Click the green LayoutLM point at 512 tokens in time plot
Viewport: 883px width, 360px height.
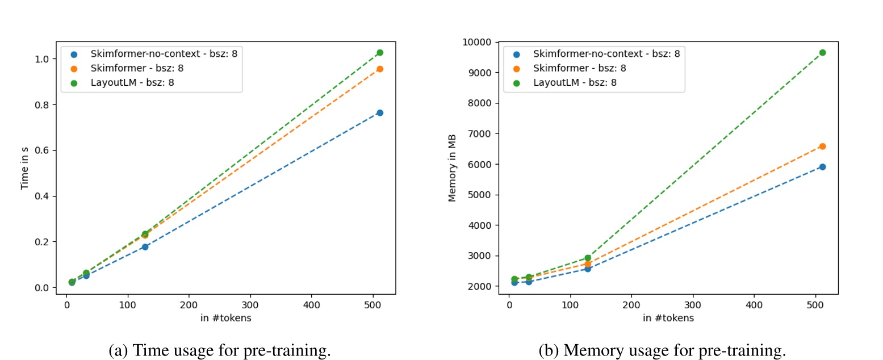[380, 52]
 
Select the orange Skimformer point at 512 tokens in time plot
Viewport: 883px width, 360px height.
[380, 69]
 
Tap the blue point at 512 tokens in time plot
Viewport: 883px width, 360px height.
[380, 112]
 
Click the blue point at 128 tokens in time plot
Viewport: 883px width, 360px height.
[145, 246]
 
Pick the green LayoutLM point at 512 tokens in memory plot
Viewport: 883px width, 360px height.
[822, 52]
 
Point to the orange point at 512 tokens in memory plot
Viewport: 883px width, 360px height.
[822, 146]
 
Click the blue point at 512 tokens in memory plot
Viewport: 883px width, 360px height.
[822, 166]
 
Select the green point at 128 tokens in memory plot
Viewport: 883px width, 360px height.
[588, 258]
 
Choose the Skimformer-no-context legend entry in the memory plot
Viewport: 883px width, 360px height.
[606, 54]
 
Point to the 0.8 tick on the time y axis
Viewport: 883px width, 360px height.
[44, 104]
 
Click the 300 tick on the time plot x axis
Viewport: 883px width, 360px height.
[250, 305]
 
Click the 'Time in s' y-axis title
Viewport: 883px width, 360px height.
[24, 167]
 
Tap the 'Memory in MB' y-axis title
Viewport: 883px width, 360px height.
[453, 168]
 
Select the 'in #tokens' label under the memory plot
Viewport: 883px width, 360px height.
[668, 318]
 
